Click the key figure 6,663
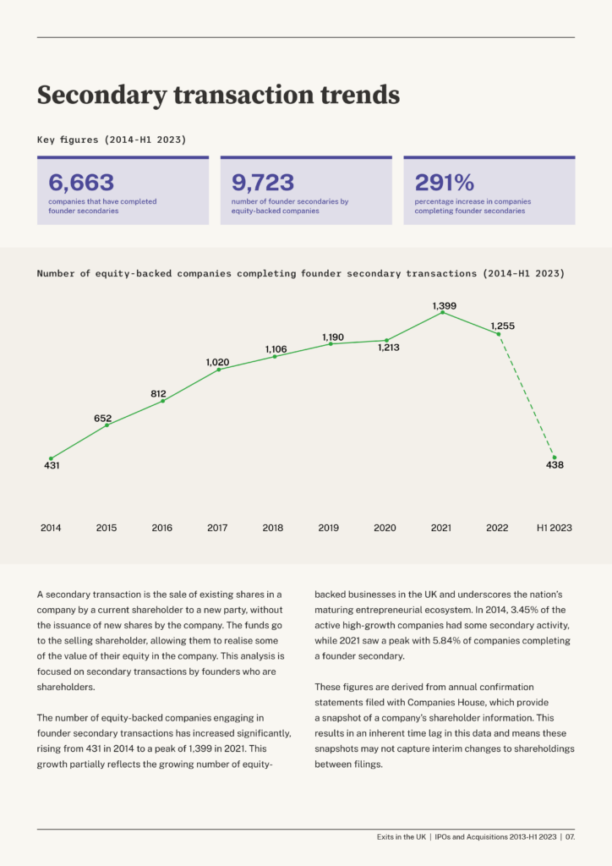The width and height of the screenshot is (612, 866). point(81,183)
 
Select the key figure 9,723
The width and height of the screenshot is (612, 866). point(263,183)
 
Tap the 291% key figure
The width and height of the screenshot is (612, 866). point(445,183)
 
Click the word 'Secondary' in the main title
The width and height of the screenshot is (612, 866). point(101,95)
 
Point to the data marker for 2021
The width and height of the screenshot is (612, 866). point(443,313)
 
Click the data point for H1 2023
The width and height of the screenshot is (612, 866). point(555,458)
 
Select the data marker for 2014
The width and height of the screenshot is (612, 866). point(51,458)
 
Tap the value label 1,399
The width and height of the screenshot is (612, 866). point(445,305)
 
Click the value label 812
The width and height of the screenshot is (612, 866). point(158,394)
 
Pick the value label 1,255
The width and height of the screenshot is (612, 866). point(503,326)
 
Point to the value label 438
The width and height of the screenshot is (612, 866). point(555,465)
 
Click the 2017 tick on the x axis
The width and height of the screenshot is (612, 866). point(217,528)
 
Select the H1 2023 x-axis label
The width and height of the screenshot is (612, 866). point(554,528)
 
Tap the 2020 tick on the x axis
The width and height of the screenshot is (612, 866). point(385,528)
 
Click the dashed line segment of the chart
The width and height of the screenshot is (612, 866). point(527,396)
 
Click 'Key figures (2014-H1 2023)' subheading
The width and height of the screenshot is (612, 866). point(112,140)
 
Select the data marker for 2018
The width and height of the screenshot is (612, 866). point(275,357)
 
